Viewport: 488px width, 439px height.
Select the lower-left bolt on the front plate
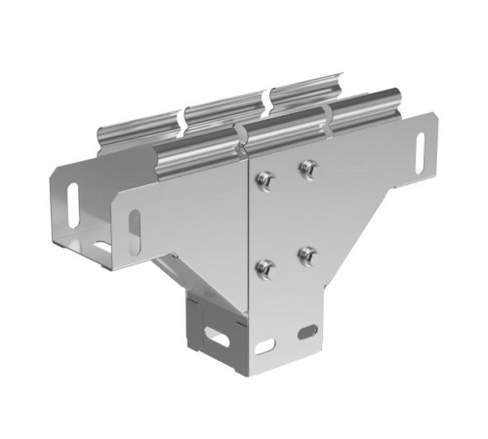262,264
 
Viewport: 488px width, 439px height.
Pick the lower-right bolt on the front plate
306,255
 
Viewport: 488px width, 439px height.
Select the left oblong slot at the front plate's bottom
265,345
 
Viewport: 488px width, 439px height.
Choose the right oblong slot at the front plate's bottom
308,332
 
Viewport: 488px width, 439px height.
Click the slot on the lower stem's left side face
220,339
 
